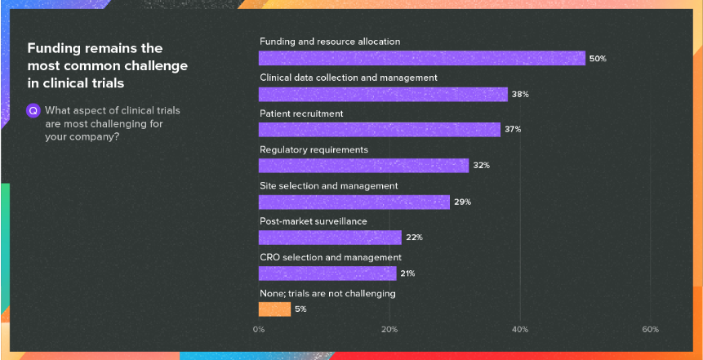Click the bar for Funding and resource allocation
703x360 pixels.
tap(421, 58)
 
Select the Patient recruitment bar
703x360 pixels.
tap(379, 130)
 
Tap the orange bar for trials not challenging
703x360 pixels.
tap(274, 309)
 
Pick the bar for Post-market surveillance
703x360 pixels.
tap(330, 238)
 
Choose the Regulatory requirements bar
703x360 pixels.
tap(363, 166)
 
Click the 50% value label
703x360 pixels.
tap(598, 59)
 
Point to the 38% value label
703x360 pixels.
tap(520, 95)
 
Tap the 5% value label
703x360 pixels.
tap(300, 309)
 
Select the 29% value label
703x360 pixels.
tap(463, 202)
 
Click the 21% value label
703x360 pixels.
tap(409, 273)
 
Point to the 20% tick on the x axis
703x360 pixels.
tap(389, 330)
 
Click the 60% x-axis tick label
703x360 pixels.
tap(650, 330)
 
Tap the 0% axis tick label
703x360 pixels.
tap(259, 330)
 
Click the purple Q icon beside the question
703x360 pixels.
tap(33, 110)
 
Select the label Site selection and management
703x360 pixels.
tap(328, 186)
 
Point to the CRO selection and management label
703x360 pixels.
tap(331, 258)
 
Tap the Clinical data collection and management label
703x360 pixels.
tap(349, 78)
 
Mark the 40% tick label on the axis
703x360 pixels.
tap(520, 330)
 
